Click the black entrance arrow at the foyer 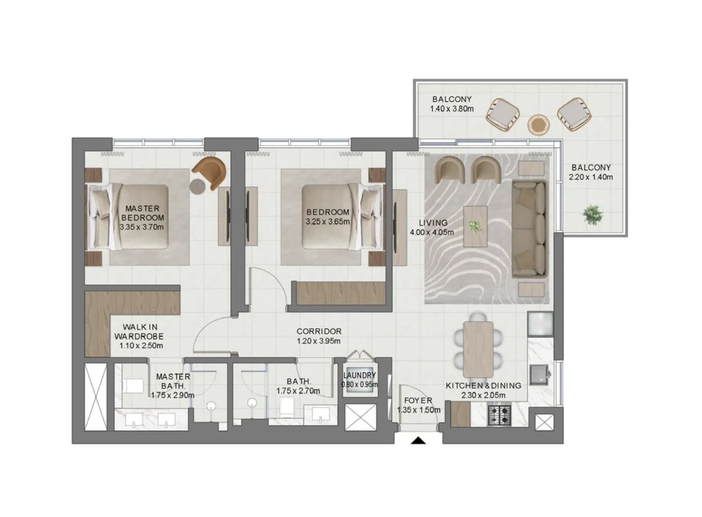point(419,440)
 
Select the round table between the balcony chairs point(538,124)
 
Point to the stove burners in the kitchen point(499,414)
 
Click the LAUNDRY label point(359,376)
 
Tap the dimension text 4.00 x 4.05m point(432,232)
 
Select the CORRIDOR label point(319,331)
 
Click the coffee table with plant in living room point(475,227)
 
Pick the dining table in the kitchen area point(478,349)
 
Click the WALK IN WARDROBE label point(140,331)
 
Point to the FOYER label point(418,400)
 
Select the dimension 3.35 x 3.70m point(142,227)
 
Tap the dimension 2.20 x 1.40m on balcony point(591,177)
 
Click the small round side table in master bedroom point(198,186)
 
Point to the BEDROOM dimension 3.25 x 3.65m point(327,222)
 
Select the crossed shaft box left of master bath point(96,396)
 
